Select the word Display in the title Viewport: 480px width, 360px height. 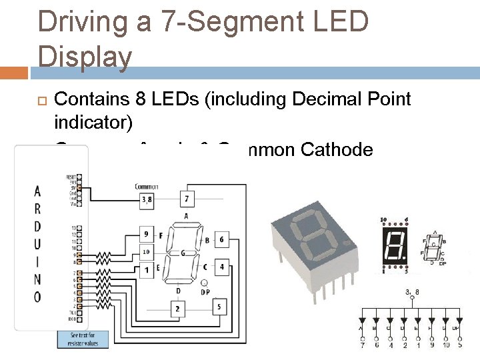(x=85, y=57)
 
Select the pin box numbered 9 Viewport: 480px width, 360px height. (x=147, y=234)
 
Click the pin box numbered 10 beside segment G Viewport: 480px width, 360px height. (x=147, y=251)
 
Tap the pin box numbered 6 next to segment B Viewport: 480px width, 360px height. (x=221, y=239)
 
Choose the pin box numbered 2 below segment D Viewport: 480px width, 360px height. (x=177, y=309)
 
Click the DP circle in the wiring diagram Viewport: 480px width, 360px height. (x=204, y=283)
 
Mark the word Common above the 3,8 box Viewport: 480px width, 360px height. (x=146, y=186)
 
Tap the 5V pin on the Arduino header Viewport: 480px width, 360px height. (x=79, y=189)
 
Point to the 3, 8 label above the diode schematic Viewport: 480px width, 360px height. (x=412, y=291)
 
